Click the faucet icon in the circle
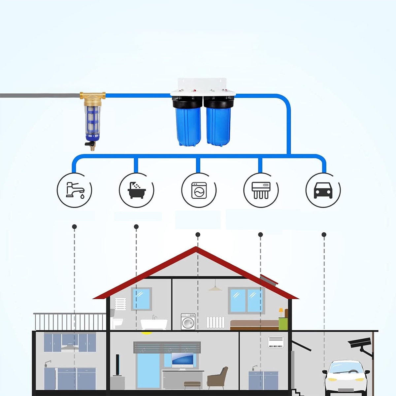(x=75, y=190)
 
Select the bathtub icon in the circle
(x=136, y=190)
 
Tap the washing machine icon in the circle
(x=199, y=190)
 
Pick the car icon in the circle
(x=323, y=190)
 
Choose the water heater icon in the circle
(x=261, y=190)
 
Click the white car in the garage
(x=346, y=376)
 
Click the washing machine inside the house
(x=188, y=321)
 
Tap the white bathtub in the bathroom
(x=154, y=324)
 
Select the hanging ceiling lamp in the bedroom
(x=215, y=288)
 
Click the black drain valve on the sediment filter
(x=88, y=144)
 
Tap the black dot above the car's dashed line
(x=324, y=235)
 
